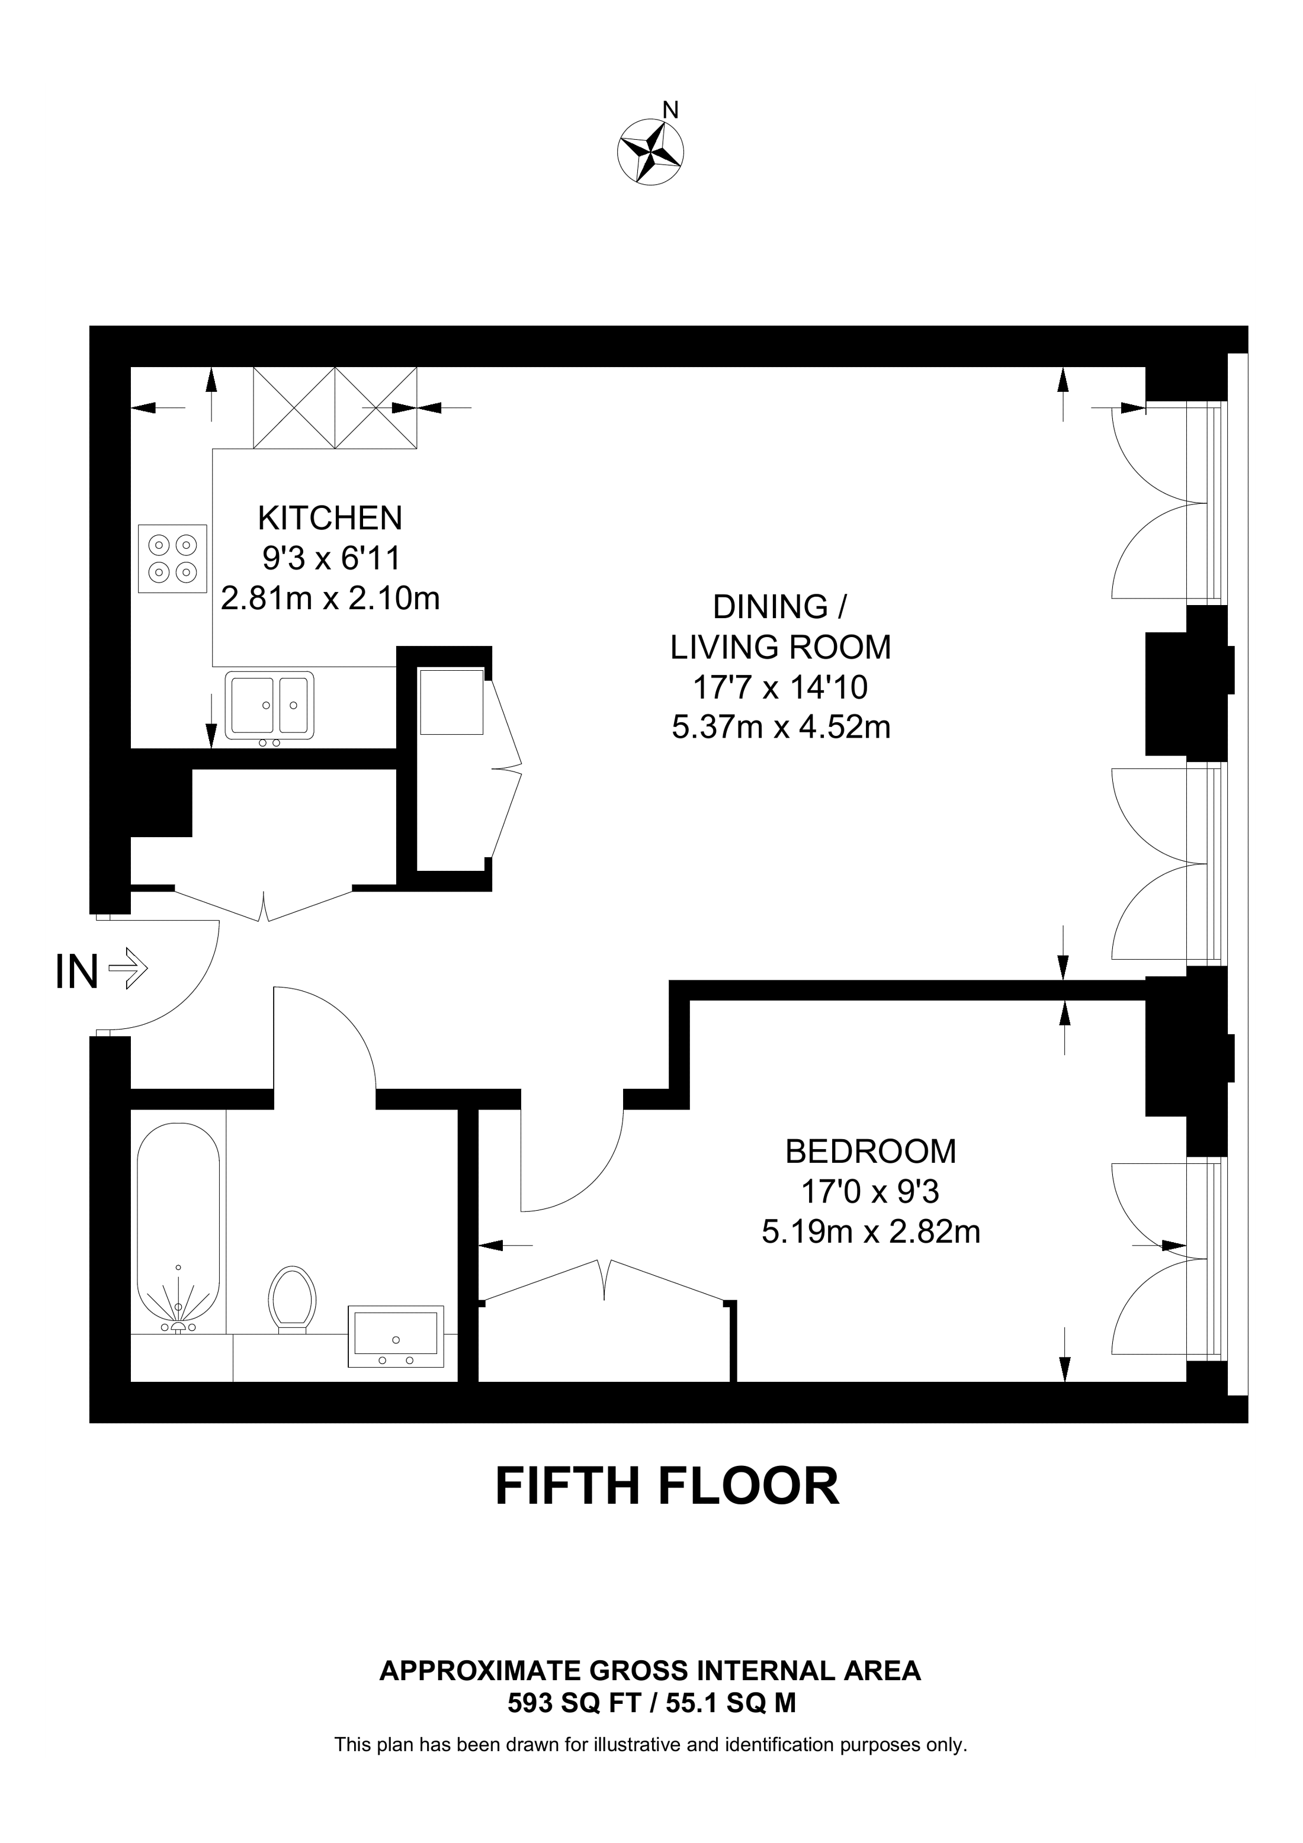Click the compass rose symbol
coord(650,153)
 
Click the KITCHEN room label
coord(330,519)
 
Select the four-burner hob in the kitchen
coord(172,559)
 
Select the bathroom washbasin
coord(396,1336)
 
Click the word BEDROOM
coord(870,1152)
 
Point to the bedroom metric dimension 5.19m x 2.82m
coord(871,1231)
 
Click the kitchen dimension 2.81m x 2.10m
coord(330,599)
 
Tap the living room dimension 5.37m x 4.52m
coord(781,727)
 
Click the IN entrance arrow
coord(128,972)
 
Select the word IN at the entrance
coord(77,972)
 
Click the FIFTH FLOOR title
coord(667,1486)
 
